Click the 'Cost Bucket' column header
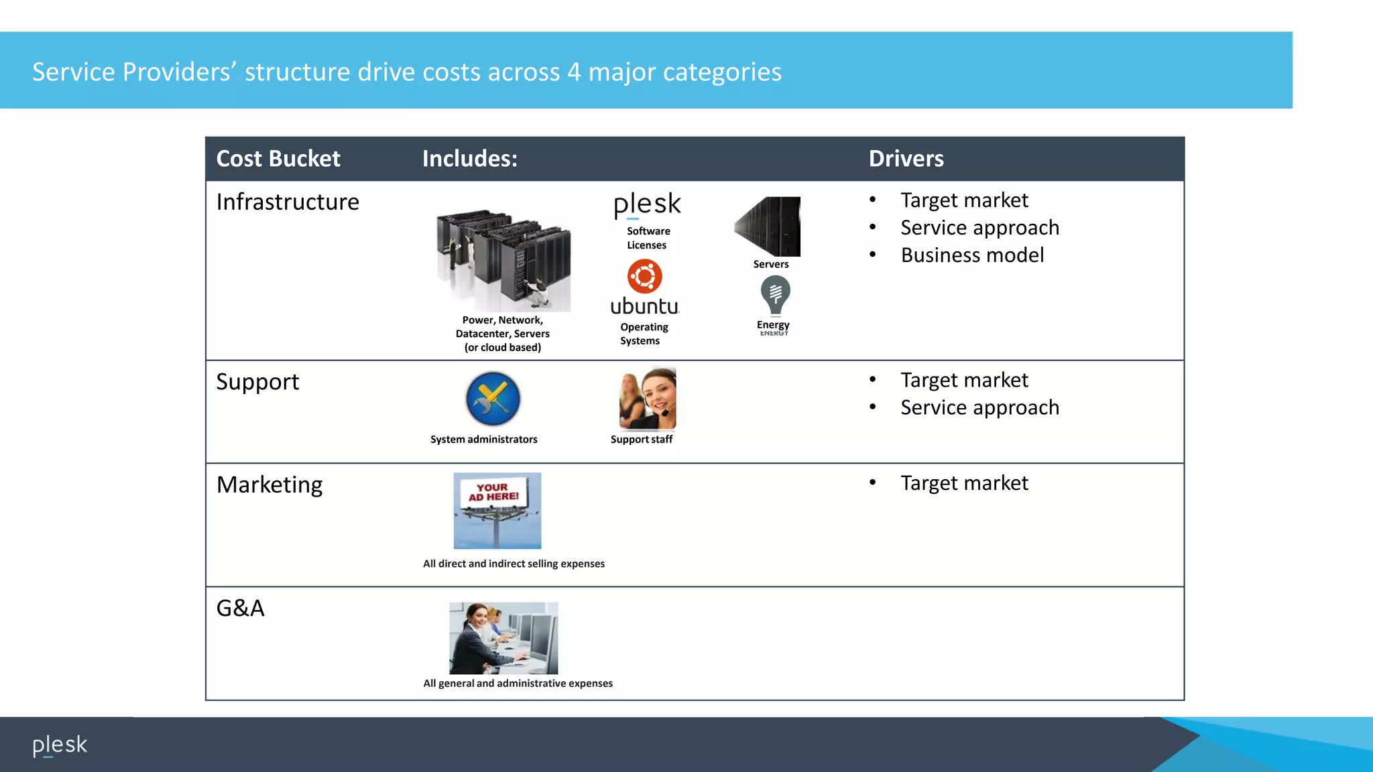278,159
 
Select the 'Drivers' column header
906,159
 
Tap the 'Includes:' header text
469,159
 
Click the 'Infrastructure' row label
288,202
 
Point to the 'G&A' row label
240,608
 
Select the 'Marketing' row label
270,485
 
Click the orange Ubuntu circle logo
644,276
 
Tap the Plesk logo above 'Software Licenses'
647,204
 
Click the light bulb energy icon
775,296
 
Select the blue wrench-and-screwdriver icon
493,399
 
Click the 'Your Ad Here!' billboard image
497,510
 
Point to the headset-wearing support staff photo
648,398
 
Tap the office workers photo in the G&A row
503,638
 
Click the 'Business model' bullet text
972,255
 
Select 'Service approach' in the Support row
979,407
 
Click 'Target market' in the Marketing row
964,483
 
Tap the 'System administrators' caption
483,440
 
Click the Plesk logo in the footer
60,745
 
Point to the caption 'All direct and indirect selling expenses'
514,564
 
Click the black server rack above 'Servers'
768,226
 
